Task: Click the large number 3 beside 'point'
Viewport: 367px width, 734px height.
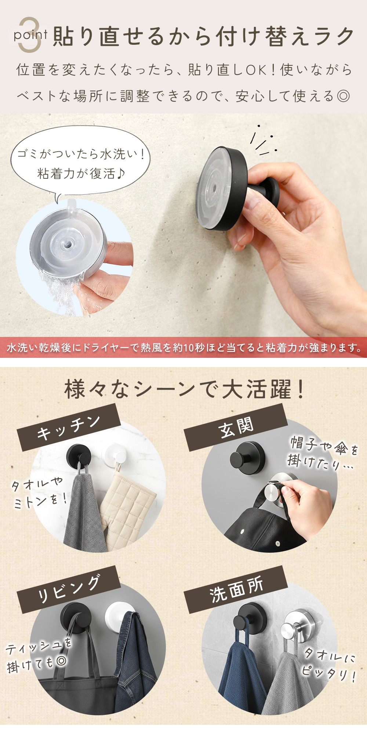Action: coord(31,35)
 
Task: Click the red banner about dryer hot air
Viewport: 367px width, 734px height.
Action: coord(183,347)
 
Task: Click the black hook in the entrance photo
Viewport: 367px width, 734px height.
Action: coord(246,457)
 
